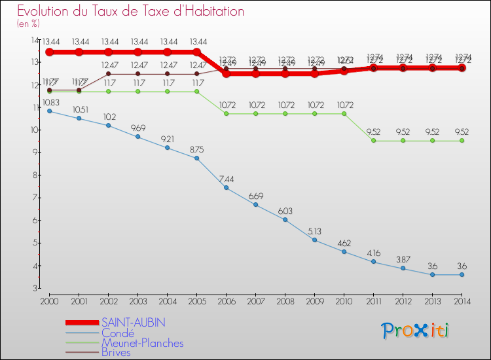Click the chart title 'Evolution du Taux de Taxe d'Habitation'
point(130,12)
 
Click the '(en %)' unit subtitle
point(29,24)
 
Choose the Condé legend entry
point(118,333)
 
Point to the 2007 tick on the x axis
point(255,300)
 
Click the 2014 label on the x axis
point(462,300)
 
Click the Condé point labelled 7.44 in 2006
point(227,188)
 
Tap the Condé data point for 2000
point(50,111)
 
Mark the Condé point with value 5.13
point(314,240)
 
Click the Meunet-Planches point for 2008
point(285,114)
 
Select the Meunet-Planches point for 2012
point(403,141)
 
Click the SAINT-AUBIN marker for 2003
point(138,52)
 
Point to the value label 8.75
point(197,149)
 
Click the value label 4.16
point(373,253)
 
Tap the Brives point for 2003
point(138,74)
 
